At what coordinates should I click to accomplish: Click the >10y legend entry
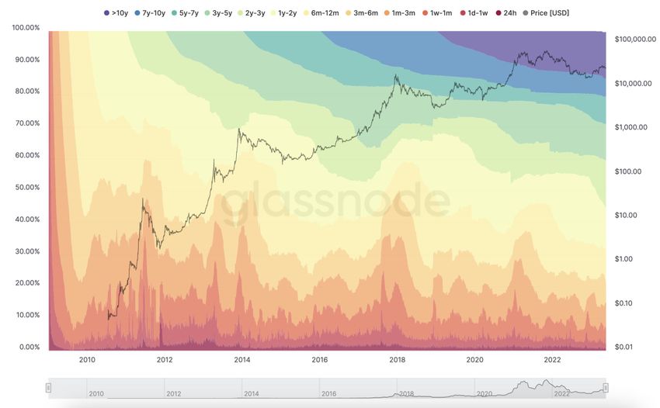(117, 13)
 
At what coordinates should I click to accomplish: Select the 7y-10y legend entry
(153, 13)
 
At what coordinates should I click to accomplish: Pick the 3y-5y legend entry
(221, 13)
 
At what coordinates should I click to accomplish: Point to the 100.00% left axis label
(26, 28)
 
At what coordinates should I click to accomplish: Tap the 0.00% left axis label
(28, 347)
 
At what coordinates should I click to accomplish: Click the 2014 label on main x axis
(242, 360)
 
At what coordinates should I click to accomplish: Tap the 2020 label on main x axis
(475, 360)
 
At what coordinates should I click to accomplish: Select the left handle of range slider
(48, 387)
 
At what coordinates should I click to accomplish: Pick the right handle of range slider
(606, 387)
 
